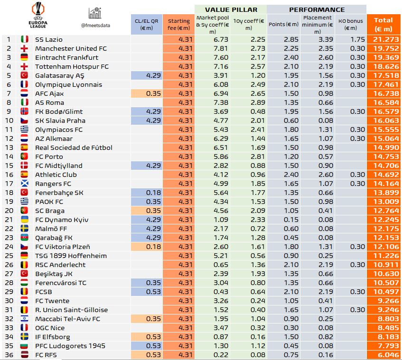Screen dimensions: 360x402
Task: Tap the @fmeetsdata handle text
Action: (95, 25)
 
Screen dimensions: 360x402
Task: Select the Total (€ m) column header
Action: (383, 24)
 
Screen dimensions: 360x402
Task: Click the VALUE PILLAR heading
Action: (231, 9)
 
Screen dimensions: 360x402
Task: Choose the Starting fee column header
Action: (178, 24)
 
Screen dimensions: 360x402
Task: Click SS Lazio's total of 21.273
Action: (383, 39)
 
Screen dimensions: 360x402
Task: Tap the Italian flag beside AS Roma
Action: (25, 102)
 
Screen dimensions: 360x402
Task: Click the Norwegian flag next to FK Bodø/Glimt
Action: (25, 111)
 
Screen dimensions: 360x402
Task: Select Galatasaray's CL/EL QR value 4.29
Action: (146, 75)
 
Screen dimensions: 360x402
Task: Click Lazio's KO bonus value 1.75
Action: (352, 39)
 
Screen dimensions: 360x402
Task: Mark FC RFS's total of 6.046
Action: (383, 355)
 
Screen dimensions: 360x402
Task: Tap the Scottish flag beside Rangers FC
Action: (25, 184)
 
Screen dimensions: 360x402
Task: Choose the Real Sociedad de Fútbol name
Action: (74, 148)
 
